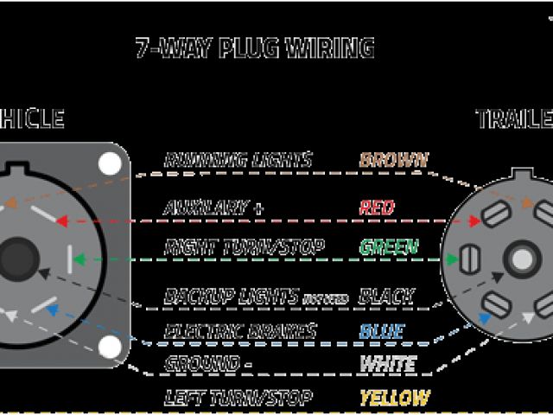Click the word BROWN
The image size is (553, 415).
point(393,160)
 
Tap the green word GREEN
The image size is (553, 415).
point(388,248)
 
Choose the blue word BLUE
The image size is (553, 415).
point(381,332)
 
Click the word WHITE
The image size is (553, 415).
point(386,364)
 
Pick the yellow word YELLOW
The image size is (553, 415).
point(394,398)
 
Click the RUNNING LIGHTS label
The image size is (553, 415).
point(237,160)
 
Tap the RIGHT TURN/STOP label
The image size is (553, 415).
point(244,248)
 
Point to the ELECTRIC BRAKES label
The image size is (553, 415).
point(239,332)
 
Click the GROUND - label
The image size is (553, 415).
point(207,364)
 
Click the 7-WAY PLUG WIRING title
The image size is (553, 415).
point(255,47)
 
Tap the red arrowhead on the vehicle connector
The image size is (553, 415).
point(61,220)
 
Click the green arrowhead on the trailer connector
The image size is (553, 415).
point(452,258)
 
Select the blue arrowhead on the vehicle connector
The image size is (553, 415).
point(54,309)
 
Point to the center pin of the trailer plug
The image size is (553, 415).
point(520,259)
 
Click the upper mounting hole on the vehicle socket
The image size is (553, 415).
point(110,163)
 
